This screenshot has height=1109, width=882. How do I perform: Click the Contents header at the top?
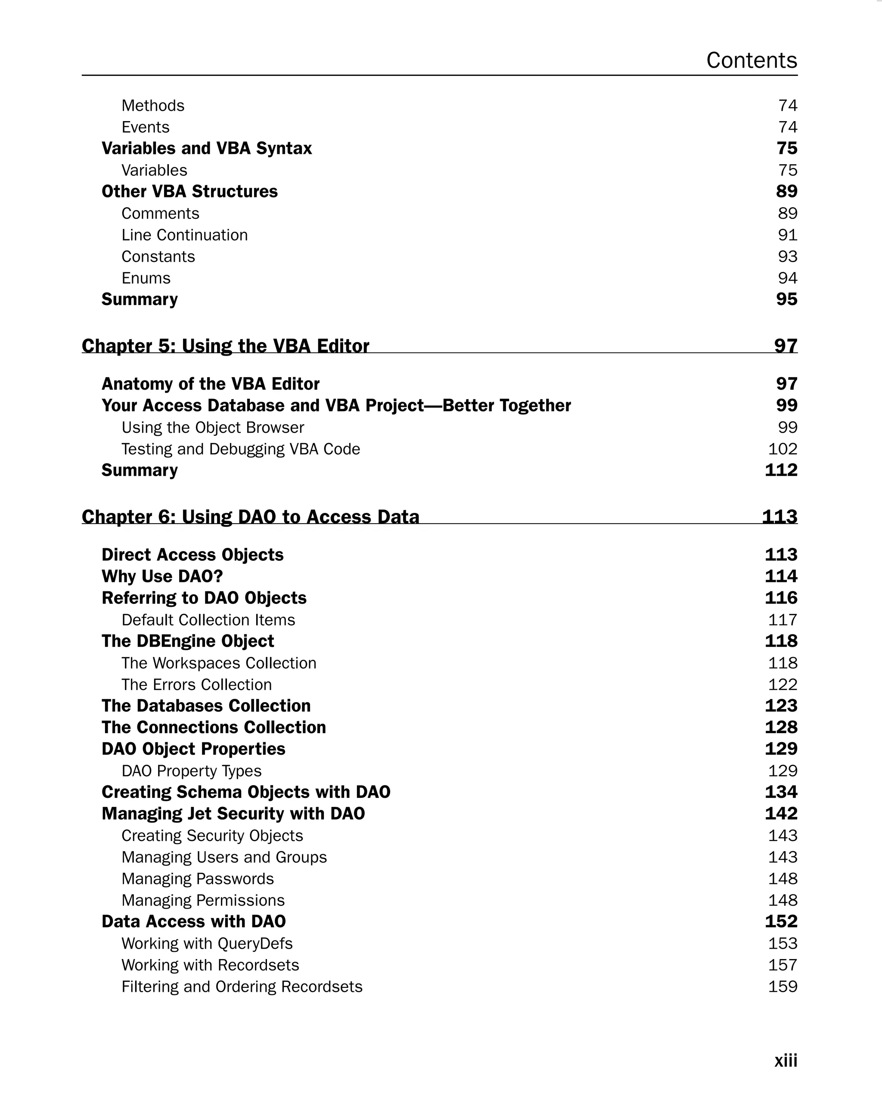(x=751, y=60)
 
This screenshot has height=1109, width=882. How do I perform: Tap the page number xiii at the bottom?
(x=786, y=1060)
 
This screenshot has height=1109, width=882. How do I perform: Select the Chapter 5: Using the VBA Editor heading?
(x=225, y=346)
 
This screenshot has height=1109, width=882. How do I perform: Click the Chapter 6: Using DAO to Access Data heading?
(x=250, y=516)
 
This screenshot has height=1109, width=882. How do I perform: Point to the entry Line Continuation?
(x=184, y=235)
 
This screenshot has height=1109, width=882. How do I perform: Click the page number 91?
(x=787, y=235)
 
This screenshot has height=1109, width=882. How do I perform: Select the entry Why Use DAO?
(x=162, y=576)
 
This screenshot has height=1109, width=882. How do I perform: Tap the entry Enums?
(x=146, y=278)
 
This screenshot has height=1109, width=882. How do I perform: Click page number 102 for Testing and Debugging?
(x=782, y=449)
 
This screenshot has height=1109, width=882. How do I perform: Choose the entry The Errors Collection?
(x=196, y=684)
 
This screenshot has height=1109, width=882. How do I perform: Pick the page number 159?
(x=782, y=987)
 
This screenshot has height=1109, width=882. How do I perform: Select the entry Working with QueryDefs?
(x=207, y=943)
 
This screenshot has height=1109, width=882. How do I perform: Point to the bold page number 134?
(x=781, y=792)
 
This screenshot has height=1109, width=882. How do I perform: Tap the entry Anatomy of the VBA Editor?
(x=210, y=384)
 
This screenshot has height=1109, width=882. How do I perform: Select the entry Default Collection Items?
(x=208, y=620)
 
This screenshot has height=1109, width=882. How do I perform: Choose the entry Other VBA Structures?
(x=189, y=191)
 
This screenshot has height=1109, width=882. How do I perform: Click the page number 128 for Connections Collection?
(x=781, y=727)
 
